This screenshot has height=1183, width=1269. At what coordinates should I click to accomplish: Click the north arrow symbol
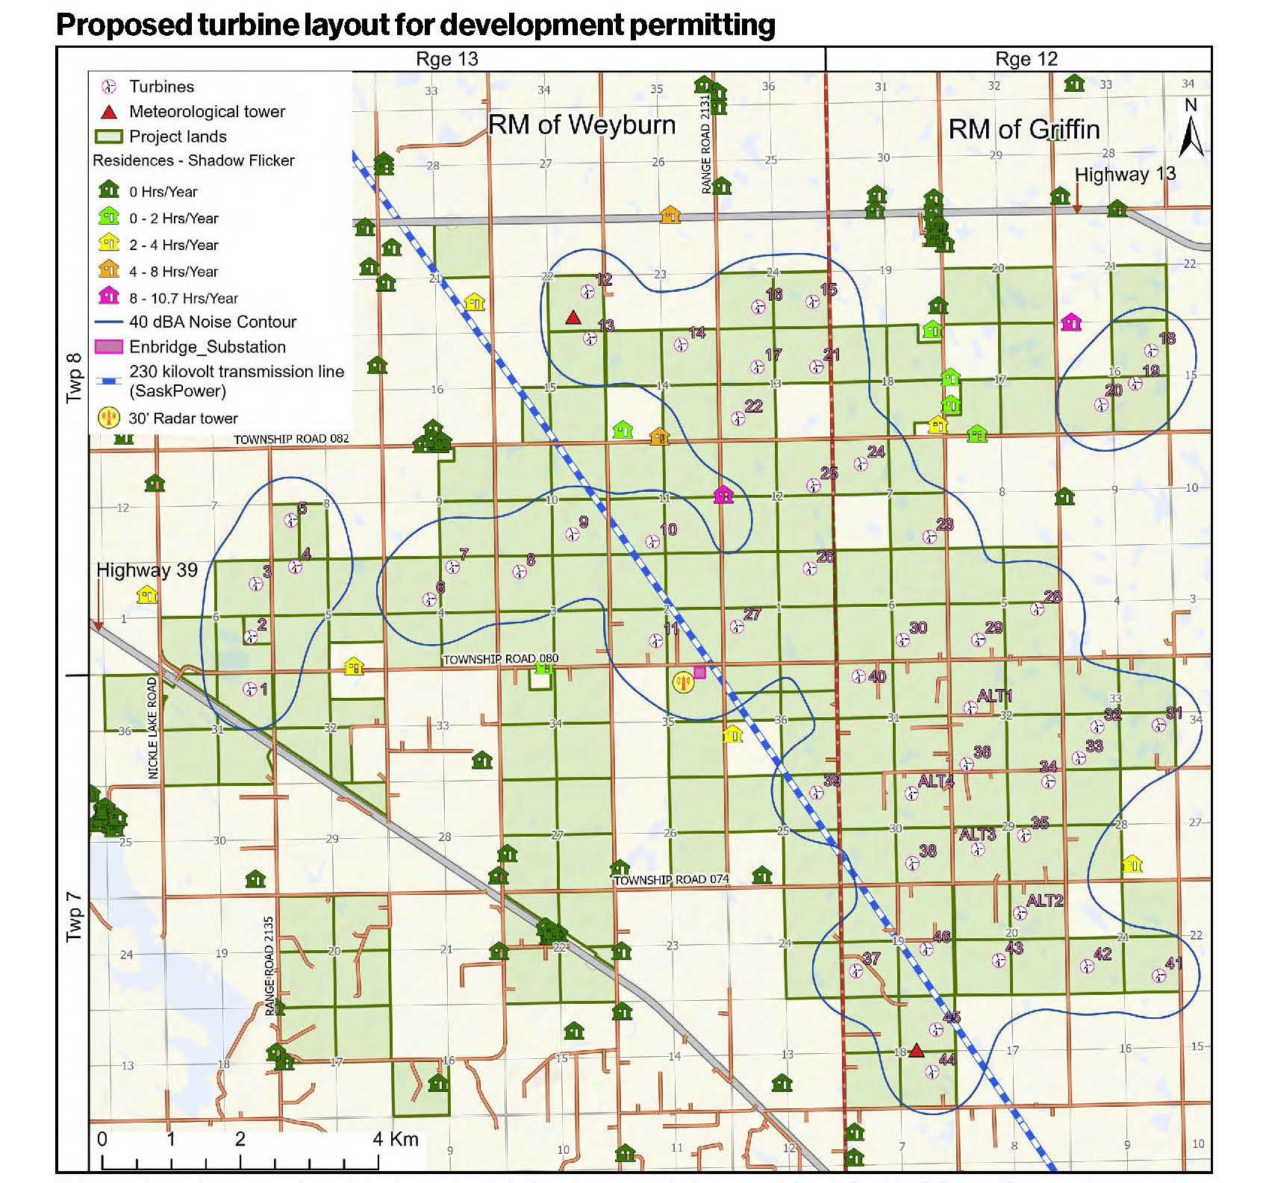(1191, 131)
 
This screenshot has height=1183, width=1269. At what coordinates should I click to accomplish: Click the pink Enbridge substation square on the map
(699, 672)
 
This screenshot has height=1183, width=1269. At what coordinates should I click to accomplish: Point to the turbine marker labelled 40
(859, 677)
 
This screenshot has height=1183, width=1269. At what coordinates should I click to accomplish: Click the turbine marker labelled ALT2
(1020, 913)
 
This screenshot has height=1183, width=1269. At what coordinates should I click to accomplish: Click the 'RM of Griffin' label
(1023, 129)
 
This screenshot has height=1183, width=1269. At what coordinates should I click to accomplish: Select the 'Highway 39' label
(147, 570)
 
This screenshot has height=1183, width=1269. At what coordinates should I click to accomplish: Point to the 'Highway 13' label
(1125, 174)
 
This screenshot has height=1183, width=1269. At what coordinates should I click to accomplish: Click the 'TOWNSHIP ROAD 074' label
(671, 879)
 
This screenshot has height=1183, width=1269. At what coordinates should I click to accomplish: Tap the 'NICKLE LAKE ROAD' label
(153, 728)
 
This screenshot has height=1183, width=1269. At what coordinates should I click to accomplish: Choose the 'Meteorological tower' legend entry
(207, 112)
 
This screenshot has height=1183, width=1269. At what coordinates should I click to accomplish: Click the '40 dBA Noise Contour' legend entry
(212, 322)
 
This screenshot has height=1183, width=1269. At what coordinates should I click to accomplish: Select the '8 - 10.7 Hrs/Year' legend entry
(183, 298)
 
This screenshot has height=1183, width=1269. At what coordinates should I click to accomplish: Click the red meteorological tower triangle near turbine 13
(573, 318)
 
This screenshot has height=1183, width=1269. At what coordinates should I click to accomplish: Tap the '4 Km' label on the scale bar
(395, 1138)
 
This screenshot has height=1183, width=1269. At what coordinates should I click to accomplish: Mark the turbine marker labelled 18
(1151, 350)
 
